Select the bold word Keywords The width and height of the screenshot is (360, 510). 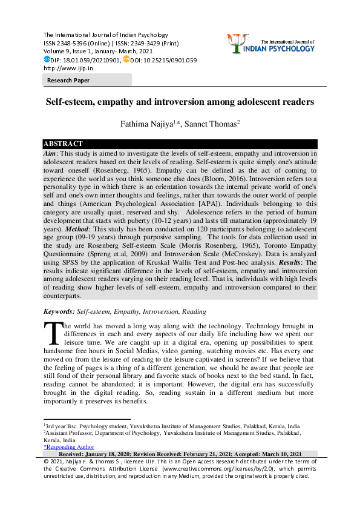point(58,311)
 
